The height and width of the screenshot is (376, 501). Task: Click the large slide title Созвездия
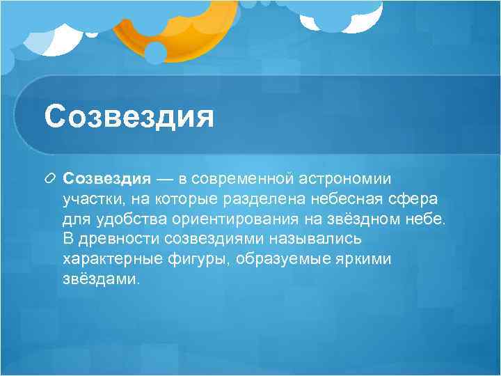[x=129, y=116]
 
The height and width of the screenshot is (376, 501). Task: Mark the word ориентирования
[x=226, y=219]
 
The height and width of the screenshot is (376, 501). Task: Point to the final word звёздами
[x=101, y=280]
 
